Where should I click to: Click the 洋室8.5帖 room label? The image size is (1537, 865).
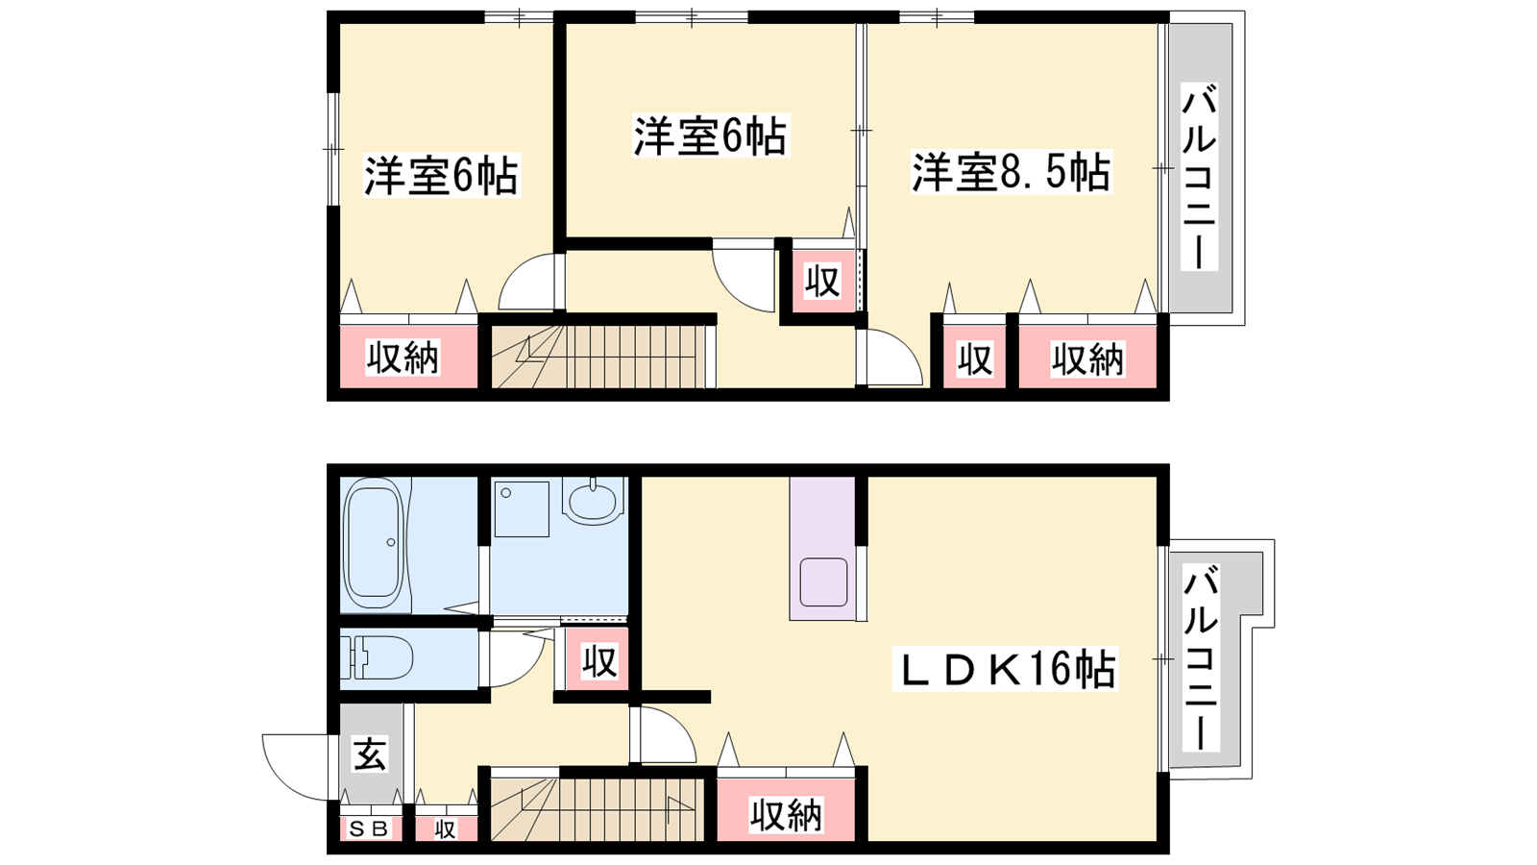point(1011,172)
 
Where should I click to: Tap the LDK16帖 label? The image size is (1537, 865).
point(1005,668)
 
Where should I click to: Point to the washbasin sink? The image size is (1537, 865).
point(594,501)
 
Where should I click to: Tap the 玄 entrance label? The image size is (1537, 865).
point(371,754)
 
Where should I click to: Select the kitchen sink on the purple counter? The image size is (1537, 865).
point(823,581)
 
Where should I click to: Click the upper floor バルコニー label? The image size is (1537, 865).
point(1200,177)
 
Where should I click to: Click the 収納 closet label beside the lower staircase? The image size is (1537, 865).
point(786,815)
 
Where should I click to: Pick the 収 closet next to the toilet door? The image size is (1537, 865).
point(599,660)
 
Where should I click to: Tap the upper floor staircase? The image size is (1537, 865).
point(598,357)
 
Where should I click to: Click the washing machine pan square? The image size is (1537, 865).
point(522,508)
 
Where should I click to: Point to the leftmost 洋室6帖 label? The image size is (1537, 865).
point(441,177)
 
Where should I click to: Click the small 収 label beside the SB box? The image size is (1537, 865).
point(446,830)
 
